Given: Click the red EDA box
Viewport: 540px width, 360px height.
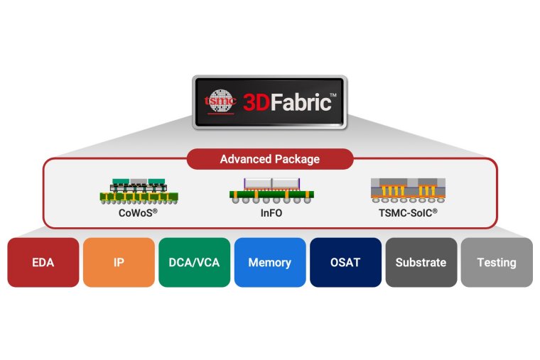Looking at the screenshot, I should pyautogui.click(x=43, y=262).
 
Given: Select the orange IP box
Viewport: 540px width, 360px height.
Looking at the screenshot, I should pyautogui.click(x=119, y=262).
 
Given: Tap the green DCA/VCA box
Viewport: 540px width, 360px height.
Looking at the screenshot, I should pyautogui.click(x=194, y=262).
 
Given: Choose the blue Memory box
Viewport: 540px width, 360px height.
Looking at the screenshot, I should pyautogui.click(x=270, y=262).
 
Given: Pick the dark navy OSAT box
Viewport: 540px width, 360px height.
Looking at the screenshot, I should pyautogui.click(x=345, y=262).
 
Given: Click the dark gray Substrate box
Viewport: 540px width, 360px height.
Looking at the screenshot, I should pyautogui.click(x=421, y=262).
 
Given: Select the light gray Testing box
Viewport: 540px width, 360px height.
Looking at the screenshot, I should pyautogui.click(x=497, y=262).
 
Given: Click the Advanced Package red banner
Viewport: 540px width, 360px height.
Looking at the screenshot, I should pyautogui.click(x=270, y=159).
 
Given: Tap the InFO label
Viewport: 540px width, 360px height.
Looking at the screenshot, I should pyautogui.click(x=269, y=211).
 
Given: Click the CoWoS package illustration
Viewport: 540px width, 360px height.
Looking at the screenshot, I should pyautogui.click(x=139, y=190).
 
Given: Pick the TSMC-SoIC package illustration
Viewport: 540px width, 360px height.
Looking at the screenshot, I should pyautogui.click(x=406, y=188).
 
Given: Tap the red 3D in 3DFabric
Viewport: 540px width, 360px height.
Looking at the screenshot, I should pyautogui.click(x=256, y=102).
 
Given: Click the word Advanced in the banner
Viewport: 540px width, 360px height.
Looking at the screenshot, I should pyautogui.click(x=246, y=159).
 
